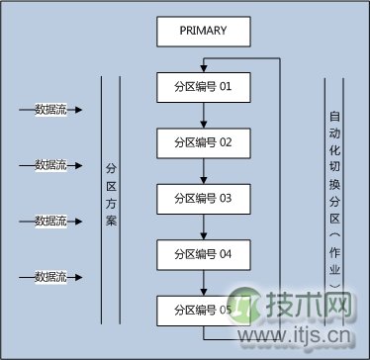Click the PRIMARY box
point(203,31)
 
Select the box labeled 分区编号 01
point(203,86)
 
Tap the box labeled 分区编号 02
point(203,142)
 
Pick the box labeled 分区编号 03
point(203,198)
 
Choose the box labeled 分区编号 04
point(203,254)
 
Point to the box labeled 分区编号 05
point(203,310)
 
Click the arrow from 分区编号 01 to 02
point(203,114)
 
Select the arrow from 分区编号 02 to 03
point(203,170)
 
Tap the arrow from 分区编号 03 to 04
point(203,225)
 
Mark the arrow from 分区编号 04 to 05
point(203,282)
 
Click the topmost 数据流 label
point(50,110)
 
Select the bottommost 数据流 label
point(50,275)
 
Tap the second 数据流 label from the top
point(50,164)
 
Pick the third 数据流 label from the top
point(50,220)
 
